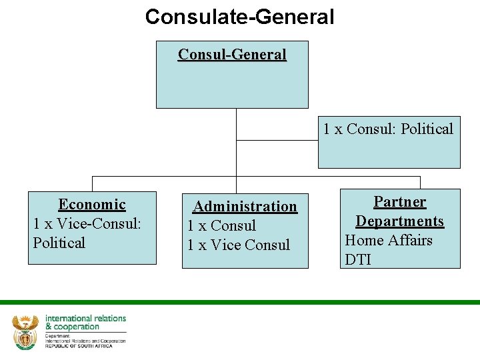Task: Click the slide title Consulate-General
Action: pyautogui.click(x=239, y=17)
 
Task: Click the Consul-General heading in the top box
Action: pyautogui.click(x=232, y=55)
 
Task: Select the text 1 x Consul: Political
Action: pyautogui.click(x=388, y=129)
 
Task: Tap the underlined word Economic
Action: pyautogui.click(x=92, y=205)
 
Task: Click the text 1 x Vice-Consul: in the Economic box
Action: pyautogui.click(x=87, y=223)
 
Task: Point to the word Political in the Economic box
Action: pyautogui.click(x=59, y=243)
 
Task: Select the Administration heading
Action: pyautogui.click(x=245, y=207)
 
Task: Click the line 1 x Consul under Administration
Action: pyautogui.click(x=221, y=226)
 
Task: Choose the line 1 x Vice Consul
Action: pyautogui.click(x=239, y=245)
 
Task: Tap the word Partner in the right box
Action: pyautogui.click(x=399, y=201)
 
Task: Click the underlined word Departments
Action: pyautogui.click(x=399, y=221)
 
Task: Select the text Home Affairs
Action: pyautogui.click(x=388, y=240)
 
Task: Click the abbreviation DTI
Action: pyautogui.click(x=358, y=259)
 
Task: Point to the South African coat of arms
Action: pyautogui.click(x=26, y=331)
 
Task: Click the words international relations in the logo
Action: pyautogui.click(x=85, y=319)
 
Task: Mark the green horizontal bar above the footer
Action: pyautogui.click(x=240, y=302)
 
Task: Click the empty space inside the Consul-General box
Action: pyautogui.click(x=232, y=87)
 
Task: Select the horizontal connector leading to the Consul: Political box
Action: pyautogui.click(x=277, y=141)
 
